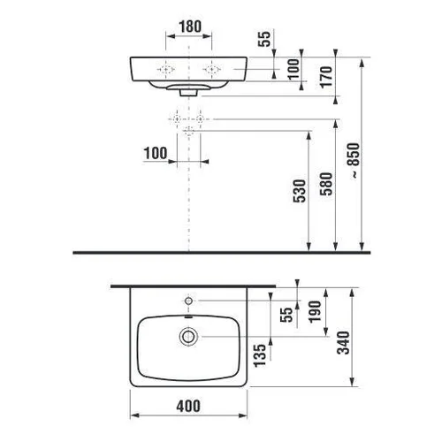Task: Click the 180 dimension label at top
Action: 190,27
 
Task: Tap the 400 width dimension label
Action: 188,406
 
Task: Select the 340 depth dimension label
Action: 343,342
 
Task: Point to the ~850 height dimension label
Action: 354,161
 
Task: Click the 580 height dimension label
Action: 326,184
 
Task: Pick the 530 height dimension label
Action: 300,191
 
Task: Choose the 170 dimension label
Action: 326,77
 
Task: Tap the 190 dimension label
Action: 315,311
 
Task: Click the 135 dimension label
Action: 260,355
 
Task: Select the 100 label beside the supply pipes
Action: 156,153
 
